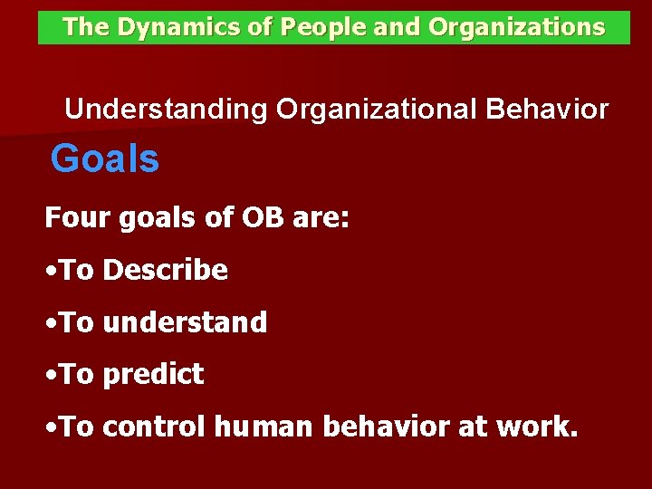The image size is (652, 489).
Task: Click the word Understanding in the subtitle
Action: click(166, 110)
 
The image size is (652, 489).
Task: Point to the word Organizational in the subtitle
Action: click(378, 110)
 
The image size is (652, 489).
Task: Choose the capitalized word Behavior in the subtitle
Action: click(547, 110)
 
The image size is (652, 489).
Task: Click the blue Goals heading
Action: click(105, 160)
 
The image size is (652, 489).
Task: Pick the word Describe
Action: click(165, 270)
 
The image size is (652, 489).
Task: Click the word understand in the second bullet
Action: click(185, 322)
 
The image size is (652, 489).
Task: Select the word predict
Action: click(153, 375)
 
